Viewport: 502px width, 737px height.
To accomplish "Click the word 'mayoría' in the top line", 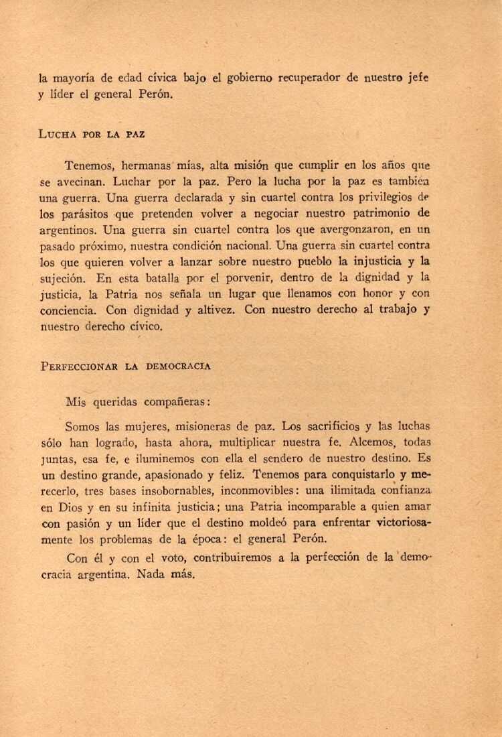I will pyautogui.click(x=72, y=78).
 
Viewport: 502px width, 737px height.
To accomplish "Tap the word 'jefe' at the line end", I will pyautogui.click(x=416, y=78).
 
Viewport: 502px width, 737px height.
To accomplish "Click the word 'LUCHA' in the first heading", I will pyautogui.click(x=58, y=134).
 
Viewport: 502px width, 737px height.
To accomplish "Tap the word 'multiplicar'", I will pyautogui.click(x=262, y=442).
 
